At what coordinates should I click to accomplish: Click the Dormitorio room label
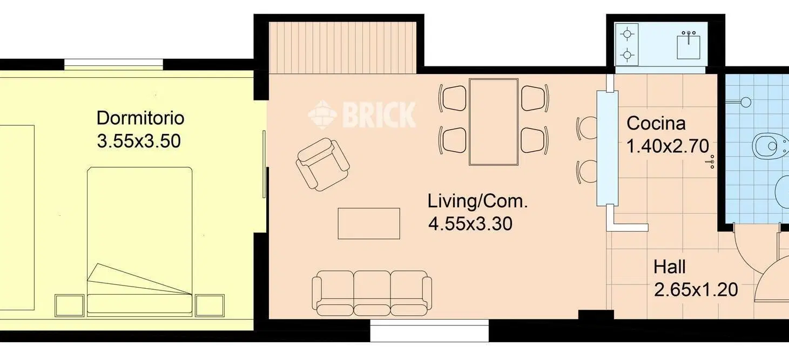tap(140, 118)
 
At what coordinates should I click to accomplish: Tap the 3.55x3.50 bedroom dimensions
tap(139, 141)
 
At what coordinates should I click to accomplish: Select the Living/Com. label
tap(477, 201)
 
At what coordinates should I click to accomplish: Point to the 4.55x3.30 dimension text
tap(470, 224)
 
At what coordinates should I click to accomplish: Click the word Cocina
tap(656, 124)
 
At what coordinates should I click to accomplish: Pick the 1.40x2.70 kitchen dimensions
tap(668, 146)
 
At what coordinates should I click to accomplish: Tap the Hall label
tap(669, 267)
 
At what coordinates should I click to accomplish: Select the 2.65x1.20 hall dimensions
tap(696, 290)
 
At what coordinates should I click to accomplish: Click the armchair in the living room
tap(322, 164)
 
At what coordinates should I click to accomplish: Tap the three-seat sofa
tap(372, 293)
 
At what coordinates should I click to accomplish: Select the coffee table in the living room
tap(369, 223)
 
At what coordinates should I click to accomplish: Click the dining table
tap(494, 122)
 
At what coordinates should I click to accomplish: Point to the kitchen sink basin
tap(688, 46)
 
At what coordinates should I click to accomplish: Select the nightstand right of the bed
tap(210, 305)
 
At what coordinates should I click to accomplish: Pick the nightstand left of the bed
tap(69, 305)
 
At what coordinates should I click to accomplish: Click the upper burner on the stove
tap(627, 35)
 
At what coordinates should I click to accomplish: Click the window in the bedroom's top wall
tap(113, 64)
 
